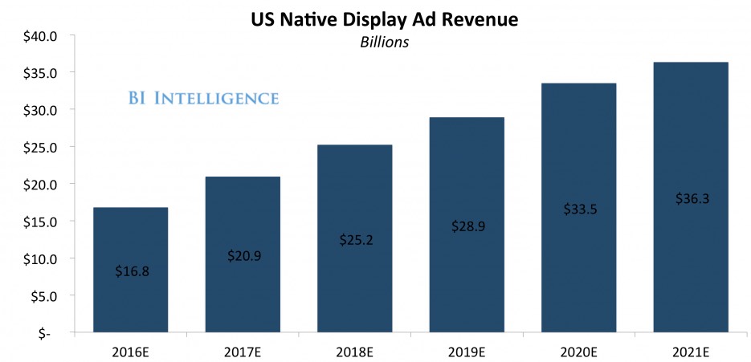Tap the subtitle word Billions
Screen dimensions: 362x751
click(385, 43)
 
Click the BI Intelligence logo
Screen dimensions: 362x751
click(203, 99)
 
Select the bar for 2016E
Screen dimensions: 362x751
click(130, 241)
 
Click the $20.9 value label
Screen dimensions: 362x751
click(243, 256)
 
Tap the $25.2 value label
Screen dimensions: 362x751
click(354, 240)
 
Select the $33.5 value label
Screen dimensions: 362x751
click(578, 209)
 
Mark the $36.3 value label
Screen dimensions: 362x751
click(691, 199)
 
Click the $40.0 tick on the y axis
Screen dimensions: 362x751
click(40, 35)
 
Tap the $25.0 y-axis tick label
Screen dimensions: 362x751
click(40, 147)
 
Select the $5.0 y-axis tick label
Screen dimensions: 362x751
click(43, 295)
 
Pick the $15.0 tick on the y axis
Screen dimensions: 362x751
click(40, 222)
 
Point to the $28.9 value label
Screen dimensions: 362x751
click(467, 226)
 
